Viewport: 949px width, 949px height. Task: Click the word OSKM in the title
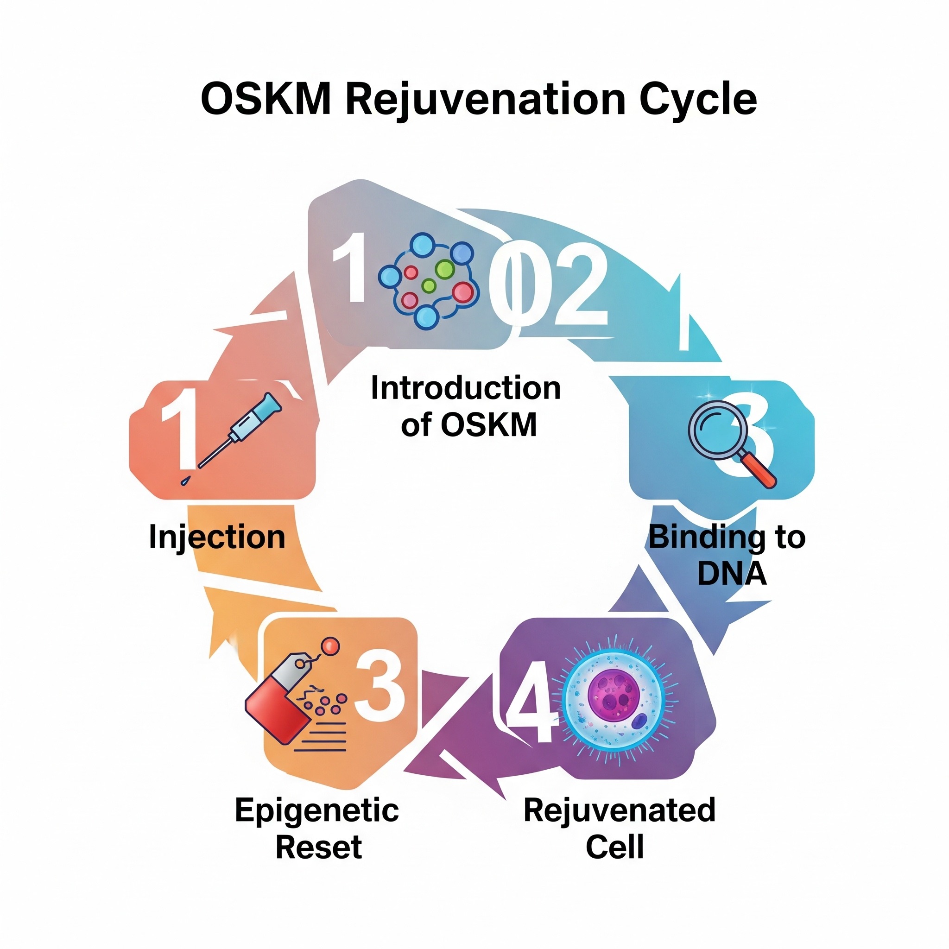pos(265,100)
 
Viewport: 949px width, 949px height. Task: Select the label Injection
pos(216,537)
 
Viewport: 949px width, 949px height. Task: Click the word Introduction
pos(466,388)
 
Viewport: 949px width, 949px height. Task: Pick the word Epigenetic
pos(317,810)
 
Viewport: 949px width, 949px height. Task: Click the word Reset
pos(319,847)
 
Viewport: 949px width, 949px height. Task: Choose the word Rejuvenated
pos(620,810)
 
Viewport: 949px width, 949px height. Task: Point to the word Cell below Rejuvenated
pos(614,847)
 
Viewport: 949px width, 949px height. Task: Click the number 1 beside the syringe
pos(179,427)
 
